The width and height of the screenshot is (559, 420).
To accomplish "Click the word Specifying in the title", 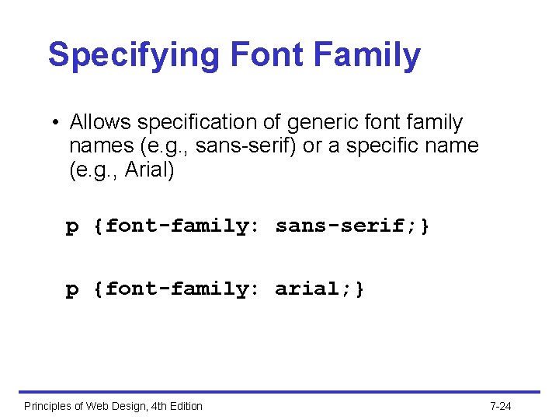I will (134, 55).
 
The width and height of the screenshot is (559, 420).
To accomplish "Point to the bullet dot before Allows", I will (57, 123).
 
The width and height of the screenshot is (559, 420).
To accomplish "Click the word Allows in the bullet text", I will (97, 122).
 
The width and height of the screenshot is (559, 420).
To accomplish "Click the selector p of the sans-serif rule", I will (72, 227).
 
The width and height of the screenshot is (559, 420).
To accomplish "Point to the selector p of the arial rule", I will (72, 290).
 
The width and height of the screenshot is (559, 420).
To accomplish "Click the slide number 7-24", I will (501, 406).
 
